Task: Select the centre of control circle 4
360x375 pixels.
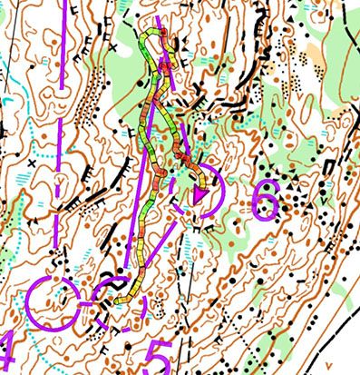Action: coord(52,303)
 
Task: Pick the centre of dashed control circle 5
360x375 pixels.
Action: coord(114,300)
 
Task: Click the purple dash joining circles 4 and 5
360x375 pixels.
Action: coord(84,303)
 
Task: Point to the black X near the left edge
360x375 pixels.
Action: coord(32,161)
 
